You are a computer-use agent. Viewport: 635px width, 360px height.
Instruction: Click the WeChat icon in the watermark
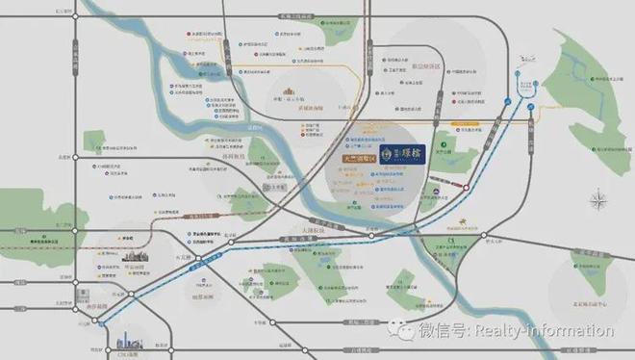402,331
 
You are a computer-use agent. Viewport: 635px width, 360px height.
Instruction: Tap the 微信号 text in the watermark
439,331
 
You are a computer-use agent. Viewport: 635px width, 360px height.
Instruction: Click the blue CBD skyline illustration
127,341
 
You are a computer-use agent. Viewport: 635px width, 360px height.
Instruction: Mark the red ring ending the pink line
467,187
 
